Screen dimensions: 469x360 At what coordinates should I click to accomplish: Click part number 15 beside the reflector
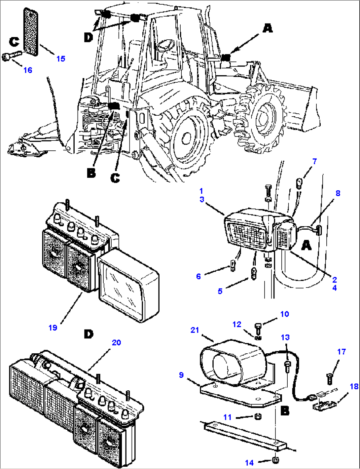(61, 59)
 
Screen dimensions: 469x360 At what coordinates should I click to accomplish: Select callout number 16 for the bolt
(28, 70)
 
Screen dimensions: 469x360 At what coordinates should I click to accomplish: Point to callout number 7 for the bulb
(314, 161)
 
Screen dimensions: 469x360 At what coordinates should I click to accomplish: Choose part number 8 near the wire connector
(338, 193)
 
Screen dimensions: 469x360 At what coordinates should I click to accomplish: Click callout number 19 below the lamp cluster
(53, 328)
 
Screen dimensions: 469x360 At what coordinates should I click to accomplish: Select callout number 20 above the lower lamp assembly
(116, 343)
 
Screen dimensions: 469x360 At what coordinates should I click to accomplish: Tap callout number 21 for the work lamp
(195, 330)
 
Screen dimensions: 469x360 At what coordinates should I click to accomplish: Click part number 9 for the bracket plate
(181, 375)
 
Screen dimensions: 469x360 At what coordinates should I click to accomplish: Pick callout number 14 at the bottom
(249, 463)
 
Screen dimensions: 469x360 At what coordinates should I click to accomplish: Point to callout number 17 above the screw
(342, 352)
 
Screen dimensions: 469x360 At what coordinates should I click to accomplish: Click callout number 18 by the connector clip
(354, 386)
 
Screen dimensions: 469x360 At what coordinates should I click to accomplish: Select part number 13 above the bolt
(285, 337)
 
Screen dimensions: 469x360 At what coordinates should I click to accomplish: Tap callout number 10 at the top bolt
(284, 314)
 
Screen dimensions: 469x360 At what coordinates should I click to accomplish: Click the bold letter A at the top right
(268, 28)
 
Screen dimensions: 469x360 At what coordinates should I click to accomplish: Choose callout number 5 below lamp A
(220, 291)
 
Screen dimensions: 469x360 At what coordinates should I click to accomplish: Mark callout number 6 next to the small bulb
(198, 276)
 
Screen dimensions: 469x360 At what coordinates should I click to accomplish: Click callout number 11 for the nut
(227, 417)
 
